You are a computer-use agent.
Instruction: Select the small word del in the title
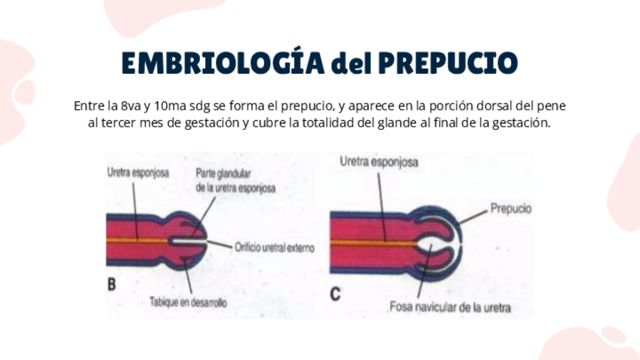[350, 64]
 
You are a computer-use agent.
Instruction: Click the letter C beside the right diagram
[336, 293]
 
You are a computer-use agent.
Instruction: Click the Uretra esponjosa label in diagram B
[138, 172]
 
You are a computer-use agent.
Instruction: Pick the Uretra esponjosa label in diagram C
[379, 161]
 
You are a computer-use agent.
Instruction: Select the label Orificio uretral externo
[274, 247]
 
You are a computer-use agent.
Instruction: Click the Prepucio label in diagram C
[511, 208]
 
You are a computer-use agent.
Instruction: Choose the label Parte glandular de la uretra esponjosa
[235, 179]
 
